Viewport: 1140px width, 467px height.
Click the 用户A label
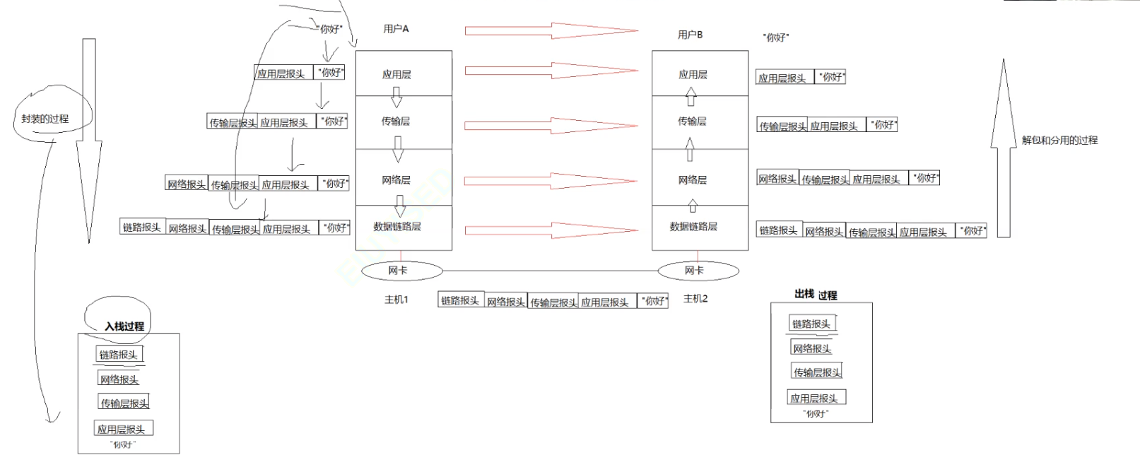[x=396, y=29]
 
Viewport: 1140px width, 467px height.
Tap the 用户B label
[x=690, y=35]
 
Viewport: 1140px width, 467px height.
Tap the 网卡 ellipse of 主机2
[x=698, y=271]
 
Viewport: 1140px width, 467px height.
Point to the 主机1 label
[x=396, y=300]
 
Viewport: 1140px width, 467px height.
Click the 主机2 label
[x=695, y=299]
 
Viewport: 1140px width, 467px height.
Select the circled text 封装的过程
[x=45, y=119]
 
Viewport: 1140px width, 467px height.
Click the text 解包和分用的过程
[x=1059, y=140]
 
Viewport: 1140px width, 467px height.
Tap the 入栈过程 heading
[x=124, y=326]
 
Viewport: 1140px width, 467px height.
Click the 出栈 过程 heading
[x=816, y=295]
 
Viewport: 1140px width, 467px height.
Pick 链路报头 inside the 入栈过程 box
[x=119, y=355]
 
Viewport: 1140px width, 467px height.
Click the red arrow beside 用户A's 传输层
[x=551, y=126]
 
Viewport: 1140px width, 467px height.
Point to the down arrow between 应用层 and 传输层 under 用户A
[x=396, y=97]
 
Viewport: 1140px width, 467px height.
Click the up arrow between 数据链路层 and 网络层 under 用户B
[x=693, y=206]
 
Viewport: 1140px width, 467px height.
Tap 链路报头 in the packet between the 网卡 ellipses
[x=460, y=301]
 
